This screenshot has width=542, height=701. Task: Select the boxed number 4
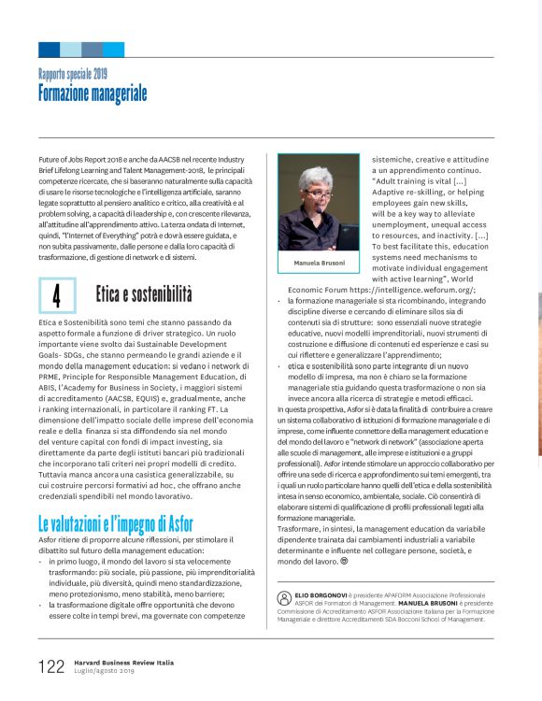point(58,295)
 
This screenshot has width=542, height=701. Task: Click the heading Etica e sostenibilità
point(143,294)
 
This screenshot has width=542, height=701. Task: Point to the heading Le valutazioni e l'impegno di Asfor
point(116,522)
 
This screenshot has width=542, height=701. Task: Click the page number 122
point(50,666)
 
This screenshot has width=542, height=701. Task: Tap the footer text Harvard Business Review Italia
point(123,662)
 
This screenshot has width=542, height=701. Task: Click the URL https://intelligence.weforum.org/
point(416,290)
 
